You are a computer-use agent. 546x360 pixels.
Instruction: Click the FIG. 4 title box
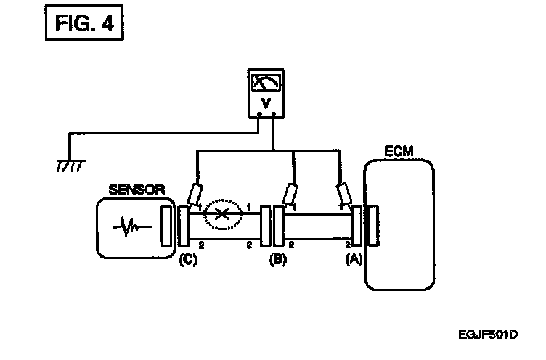click(x=84, y=22)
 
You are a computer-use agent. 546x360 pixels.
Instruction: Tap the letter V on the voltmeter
click(x=266, y=103)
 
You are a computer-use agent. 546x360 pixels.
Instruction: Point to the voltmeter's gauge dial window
click(x=266, y=83)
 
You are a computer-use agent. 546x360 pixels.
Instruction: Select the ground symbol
click(x=70, y=166)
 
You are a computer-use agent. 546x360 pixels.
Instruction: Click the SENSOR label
click(x=136, y=189)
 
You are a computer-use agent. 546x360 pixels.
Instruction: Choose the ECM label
click(x=399, y=151)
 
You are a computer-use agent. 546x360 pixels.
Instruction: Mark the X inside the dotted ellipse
click(x=222, y=214)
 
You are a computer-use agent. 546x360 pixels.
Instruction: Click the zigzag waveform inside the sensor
click(x=131, y=226)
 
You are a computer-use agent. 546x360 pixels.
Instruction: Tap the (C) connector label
click(x=188, y=260)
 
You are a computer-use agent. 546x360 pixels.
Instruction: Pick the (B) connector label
click(x=278, y=260)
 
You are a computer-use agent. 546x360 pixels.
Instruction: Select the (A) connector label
click(x=354, y=259)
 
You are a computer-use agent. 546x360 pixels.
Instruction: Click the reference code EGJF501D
click(x=488, y=335)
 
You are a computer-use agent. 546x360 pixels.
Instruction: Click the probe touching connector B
click(x=290, y=195)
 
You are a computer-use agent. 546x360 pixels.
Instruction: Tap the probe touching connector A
click(x=344, y=194)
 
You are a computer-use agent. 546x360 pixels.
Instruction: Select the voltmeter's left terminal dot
click(x=259, y=114)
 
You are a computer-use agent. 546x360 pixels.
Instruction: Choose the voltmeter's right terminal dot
click(x=273, y=114)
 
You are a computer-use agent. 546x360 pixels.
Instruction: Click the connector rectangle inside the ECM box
click(x=373, y=226)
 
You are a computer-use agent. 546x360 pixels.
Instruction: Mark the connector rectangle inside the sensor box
click(x=166, y=226)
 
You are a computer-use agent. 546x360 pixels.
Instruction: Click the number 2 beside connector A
click(x=348, y=245)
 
